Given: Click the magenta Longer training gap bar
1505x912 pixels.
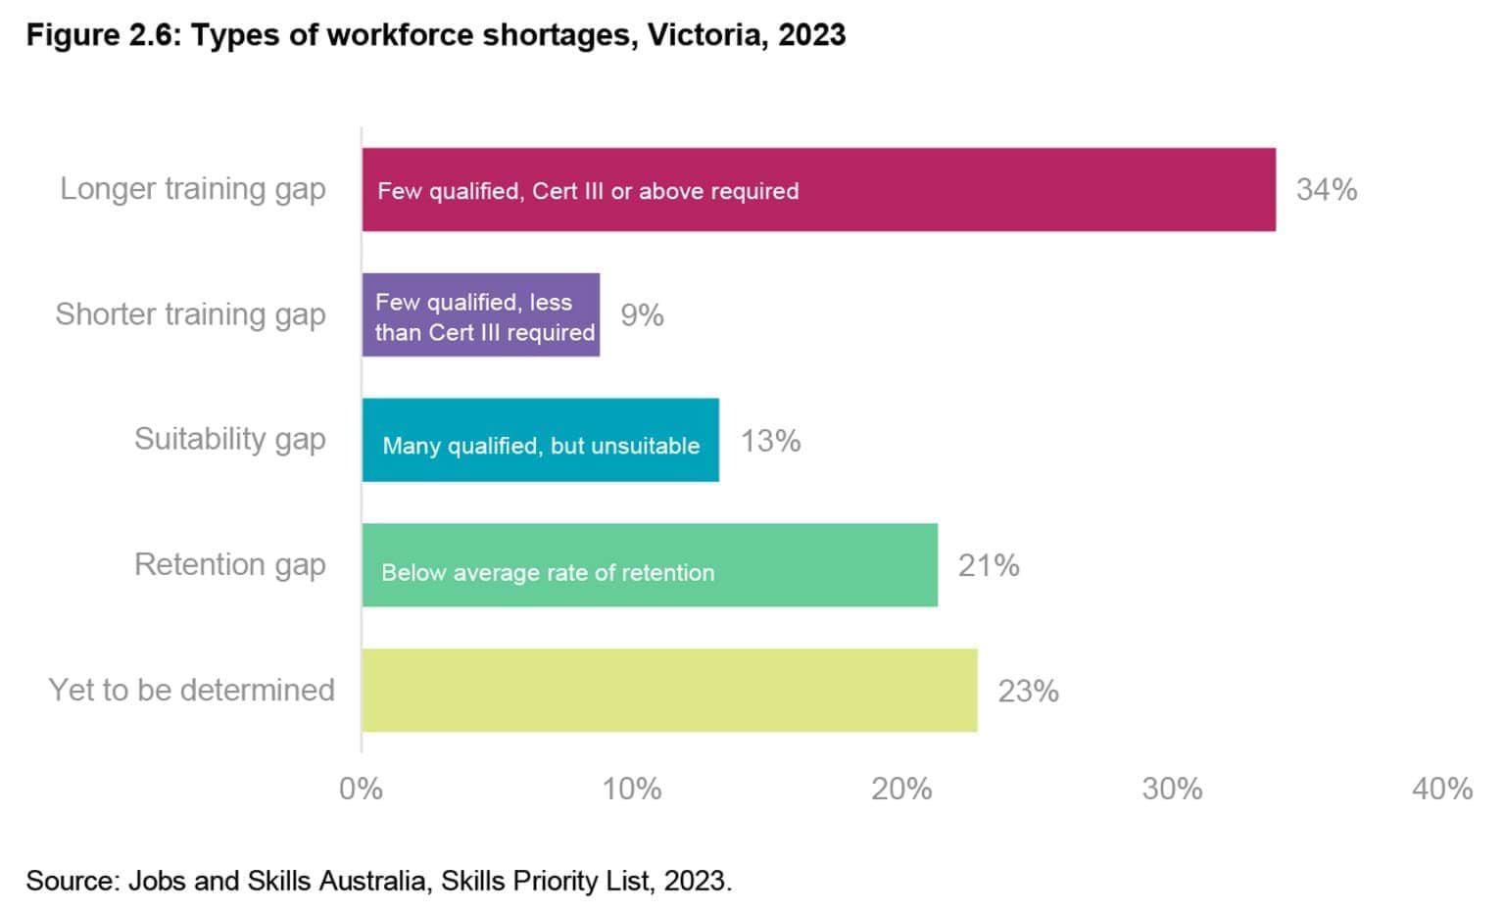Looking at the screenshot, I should pos(818,190).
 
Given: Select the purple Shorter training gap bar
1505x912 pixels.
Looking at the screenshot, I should pos(480,315).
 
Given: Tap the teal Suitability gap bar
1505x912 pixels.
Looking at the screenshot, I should pos(540,440).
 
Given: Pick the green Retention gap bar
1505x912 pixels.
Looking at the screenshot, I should pos(649,565).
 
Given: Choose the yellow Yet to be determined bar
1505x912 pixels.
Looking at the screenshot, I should pos(668,691).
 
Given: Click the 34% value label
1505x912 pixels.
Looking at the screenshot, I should pos(1326,190).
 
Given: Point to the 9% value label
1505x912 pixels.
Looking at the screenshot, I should pos(642,315).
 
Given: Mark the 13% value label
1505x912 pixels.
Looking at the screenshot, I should pos(770,441).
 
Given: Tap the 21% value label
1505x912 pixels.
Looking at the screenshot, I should pos(988,566).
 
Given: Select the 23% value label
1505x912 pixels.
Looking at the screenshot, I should pos(1028,692).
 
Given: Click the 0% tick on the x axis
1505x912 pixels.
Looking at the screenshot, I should pos(361,789).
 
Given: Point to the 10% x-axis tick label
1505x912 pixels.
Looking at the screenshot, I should pos(631,789).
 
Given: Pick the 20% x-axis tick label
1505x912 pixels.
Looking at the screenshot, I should pos(901,789).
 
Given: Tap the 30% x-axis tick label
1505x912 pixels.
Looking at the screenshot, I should pos(1172,789).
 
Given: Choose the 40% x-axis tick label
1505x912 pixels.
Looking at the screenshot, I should pos(1441,789).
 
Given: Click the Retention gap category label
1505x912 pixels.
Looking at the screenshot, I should pos(229,565).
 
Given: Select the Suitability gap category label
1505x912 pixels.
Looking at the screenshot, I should pos(229,440).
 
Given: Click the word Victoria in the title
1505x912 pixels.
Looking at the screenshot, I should pos(704,35).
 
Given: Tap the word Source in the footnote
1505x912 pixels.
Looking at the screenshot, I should pos(72,881).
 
